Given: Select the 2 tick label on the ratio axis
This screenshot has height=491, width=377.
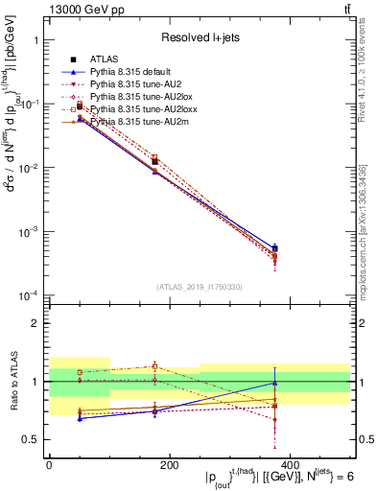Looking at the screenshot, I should (37, 323).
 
